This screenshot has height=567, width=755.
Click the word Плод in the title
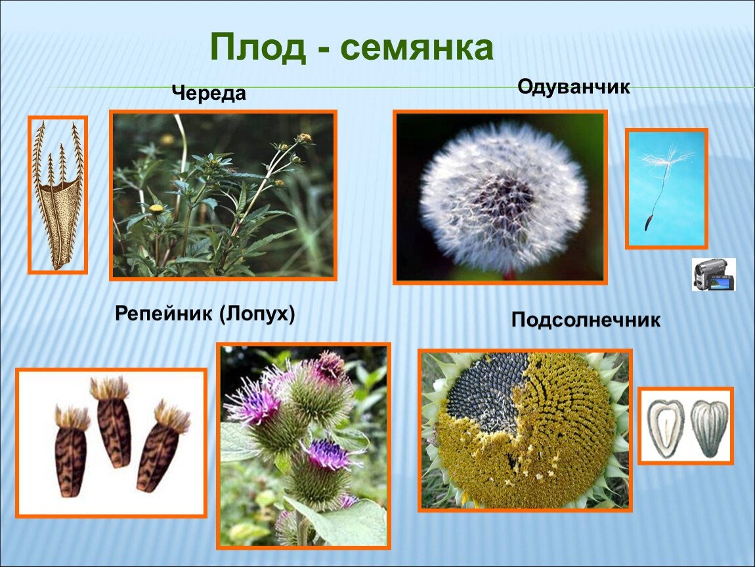click(x=258, y=48)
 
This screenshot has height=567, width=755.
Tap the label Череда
click(x=209, y=93)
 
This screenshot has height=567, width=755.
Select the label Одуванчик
click(x=574, y=87)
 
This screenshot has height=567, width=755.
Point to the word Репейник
click(x=163, y=314)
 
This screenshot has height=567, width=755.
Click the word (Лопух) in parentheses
click(x=257, y=314)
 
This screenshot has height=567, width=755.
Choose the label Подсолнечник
click(x=586, y=320)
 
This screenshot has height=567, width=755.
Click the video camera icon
click(x=714, y=274)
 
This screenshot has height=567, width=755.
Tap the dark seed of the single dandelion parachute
click(x=648, y=223)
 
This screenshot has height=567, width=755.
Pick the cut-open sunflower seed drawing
click(x=666, y=428)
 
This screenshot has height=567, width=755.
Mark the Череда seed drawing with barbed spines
click(x=58, y=196)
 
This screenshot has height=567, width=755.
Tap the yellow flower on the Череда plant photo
click(x=156, y=209)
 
